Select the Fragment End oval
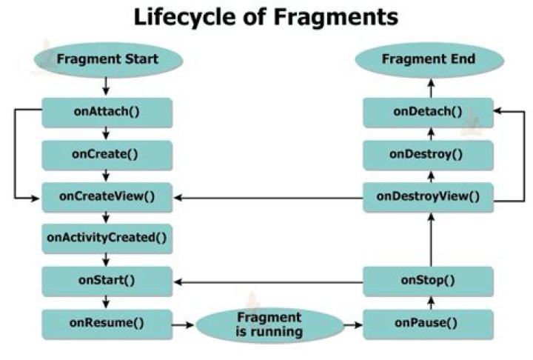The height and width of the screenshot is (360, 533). click(428, 59)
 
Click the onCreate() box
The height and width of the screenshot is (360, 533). click(108, 154)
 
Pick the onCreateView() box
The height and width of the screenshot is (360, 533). click(108, 196)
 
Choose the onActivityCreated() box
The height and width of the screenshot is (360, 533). click(108, 238)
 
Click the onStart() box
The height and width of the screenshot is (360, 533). click(108, 280)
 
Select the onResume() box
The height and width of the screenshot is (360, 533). click(108, 323)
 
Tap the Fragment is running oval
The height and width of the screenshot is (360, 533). click(269, 324)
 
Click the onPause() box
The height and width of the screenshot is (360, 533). click(428, 323)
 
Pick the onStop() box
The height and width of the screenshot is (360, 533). click(428, 280)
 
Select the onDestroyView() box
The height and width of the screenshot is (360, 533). click(428, 196)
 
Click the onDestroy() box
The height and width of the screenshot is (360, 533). click(428, 154)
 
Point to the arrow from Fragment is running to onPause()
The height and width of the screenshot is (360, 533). click(354, 324)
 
